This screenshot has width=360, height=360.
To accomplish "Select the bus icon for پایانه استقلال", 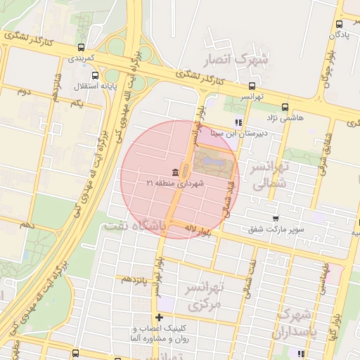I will pos(94,75).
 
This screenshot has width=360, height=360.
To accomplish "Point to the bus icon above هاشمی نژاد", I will pos(284,108).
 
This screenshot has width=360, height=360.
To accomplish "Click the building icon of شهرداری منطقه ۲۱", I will pos(174,173).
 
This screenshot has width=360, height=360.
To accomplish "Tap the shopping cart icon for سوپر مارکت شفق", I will pos(275,219).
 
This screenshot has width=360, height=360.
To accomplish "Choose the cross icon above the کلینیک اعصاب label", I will pos(160,318).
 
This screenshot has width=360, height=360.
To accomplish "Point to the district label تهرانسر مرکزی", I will pos(205,296).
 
